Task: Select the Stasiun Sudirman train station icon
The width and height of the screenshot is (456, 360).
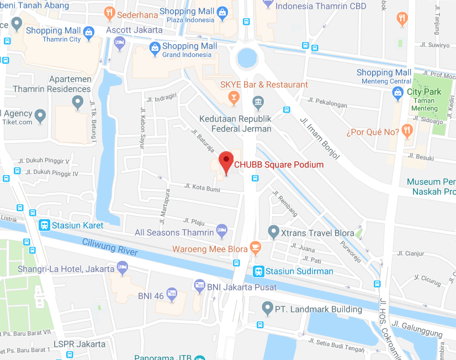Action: (x=258, y=271)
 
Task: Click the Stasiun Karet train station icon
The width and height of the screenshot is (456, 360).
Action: (x=44, y=225)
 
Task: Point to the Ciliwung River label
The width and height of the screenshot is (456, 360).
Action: (x=110, y=247)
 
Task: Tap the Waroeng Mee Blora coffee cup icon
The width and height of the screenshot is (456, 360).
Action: (x=255, y=248)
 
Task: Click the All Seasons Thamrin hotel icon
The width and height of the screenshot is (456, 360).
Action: (x=221, y=232)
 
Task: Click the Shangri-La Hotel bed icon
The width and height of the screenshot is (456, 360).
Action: (x=123, y=269)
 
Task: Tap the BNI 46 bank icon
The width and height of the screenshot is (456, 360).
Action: (x=172, y=295)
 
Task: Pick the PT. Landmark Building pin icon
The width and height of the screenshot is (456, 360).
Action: (x=268, y=308)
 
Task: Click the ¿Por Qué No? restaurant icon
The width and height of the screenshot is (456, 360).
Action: (x=407, y=131)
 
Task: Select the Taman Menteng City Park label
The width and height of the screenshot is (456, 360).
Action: (x=424, y=96)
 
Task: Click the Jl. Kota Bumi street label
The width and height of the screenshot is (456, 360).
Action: (x=202, y=189)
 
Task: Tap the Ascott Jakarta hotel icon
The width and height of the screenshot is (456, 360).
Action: (x=119, y=43)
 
